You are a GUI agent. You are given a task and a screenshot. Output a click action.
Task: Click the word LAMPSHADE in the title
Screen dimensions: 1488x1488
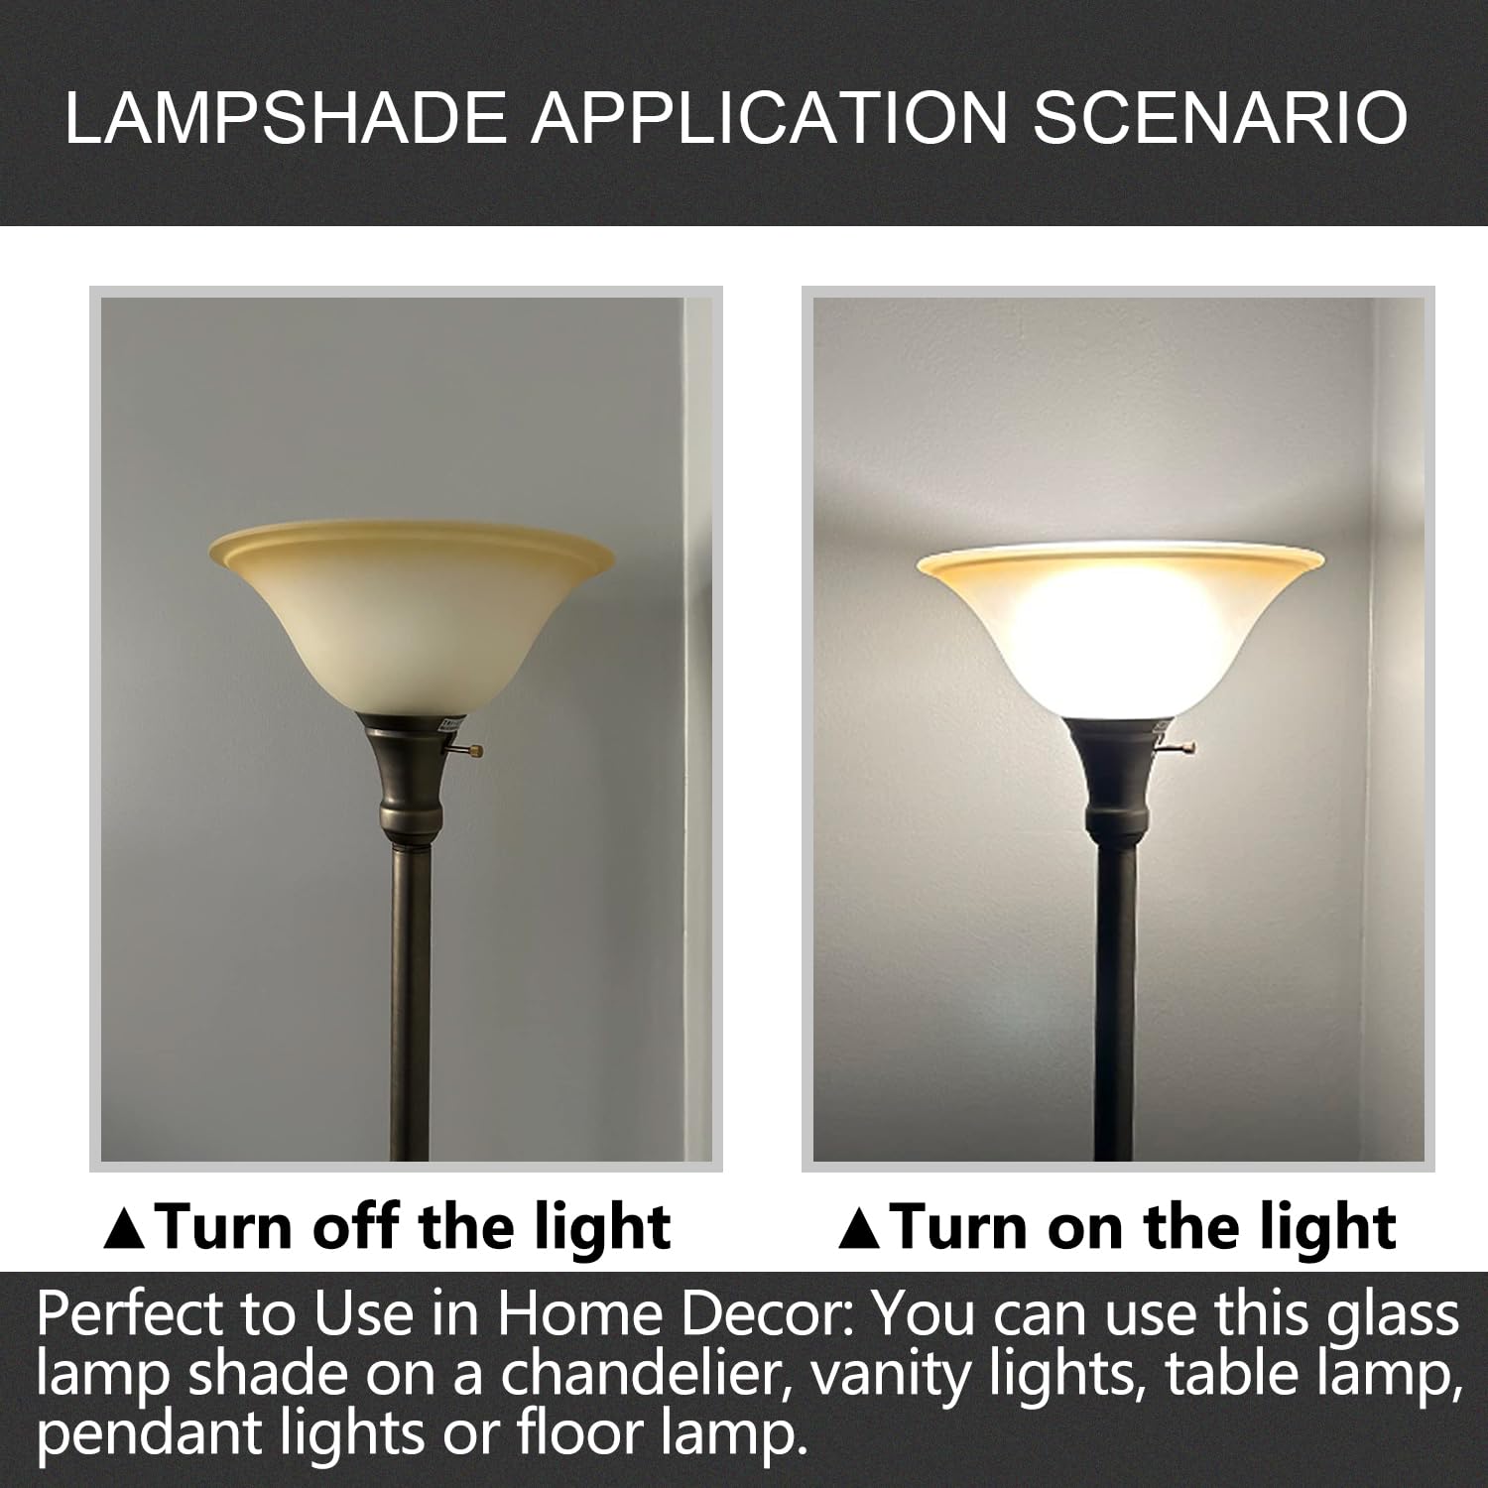(x=288, y=118)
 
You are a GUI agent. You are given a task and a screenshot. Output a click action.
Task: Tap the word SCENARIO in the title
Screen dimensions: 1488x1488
(x=1219, y=118)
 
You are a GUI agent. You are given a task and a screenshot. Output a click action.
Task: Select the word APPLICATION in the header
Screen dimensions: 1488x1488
(x=768, y=118)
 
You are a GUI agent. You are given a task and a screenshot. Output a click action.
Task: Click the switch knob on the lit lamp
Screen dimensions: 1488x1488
(x=1188, y=747)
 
